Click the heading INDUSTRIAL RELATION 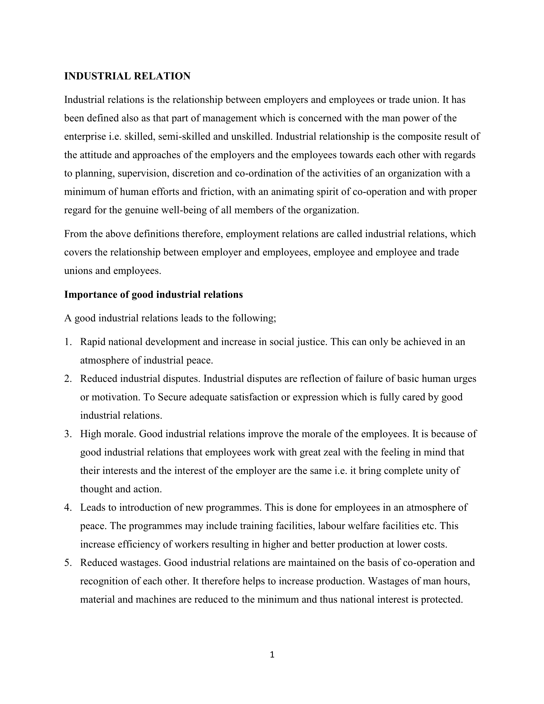pos(127,76)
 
